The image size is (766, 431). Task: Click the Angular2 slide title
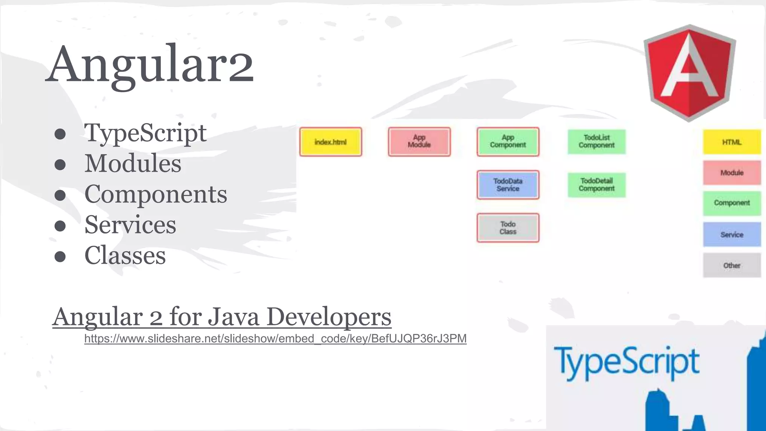(150, 64)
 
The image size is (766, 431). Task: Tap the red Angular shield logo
(689, 73)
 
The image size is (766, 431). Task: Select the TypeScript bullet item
(145, 133)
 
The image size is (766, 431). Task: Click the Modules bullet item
(133, 163)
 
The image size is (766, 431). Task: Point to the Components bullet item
(156, 194)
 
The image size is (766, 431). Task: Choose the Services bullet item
(130, 225)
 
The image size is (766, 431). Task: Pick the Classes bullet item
(125, 256)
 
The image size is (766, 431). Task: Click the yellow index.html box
(331, 142)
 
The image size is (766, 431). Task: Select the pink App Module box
(419, 142)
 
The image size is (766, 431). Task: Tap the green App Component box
(508, 142)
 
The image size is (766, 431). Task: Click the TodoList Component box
(597, 142)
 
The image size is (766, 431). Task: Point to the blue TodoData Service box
(508, 185)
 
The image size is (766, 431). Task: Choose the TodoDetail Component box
(597, 185)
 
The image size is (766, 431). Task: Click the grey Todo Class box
(508, 228)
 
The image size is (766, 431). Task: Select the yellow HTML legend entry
(732, 142)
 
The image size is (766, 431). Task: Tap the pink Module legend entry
(732, 172)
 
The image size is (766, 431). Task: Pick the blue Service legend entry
(732, 235)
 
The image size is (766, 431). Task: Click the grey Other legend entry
(732, 265)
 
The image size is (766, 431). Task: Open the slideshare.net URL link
(275, 339)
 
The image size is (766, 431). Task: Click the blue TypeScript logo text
(626, 362)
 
